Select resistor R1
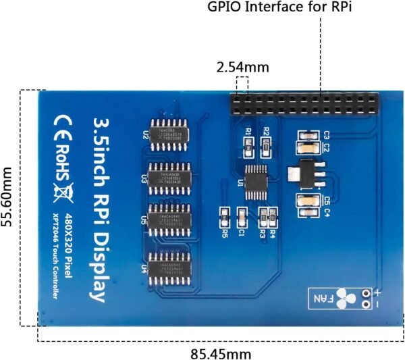[x=248, y=145]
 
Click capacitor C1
[x=242, y=216]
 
